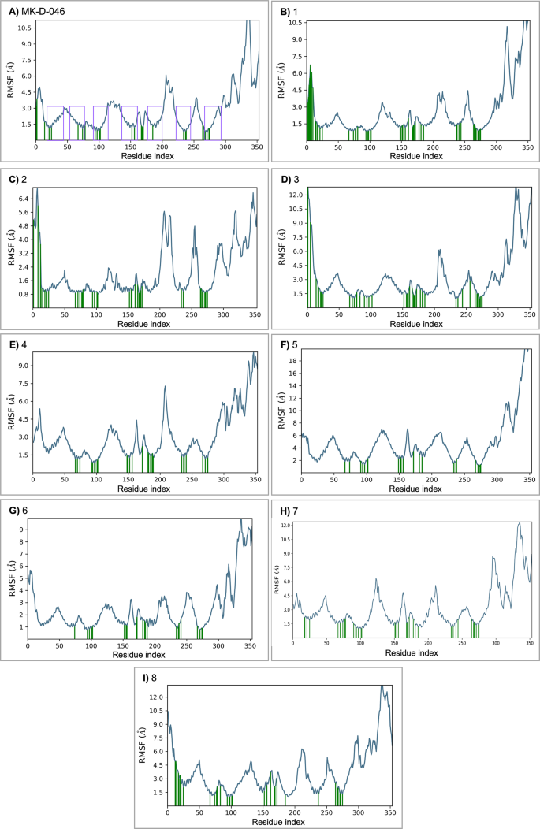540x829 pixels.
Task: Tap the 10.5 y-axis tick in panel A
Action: click(x=24, y=28)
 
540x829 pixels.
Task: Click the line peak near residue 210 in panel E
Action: click(x=165, y=387)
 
